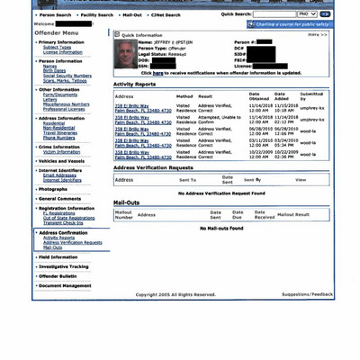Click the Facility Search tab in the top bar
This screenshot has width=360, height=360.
click(x=97, y=14)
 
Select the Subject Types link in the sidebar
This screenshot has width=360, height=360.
click(x=57, y=48)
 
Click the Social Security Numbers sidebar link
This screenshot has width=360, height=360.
click(x=67, y=76)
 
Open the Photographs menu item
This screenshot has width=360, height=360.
click(x=53, y=189)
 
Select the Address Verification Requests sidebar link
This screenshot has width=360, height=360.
click(x=72, y=242)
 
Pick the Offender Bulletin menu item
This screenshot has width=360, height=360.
click(x=58, y=275)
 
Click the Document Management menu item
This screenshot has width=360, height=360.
click(x=65, y=285)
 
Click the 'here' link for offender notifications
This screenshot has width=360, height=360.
click(x=158, y=72)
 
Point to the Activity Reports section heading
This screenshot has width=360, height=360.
click(x=135, y=84)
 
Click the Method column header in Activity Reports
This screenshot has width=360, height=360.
click(x=184, y=95)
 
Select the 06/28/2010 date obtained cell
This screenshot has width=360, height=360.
click(x=260, y=130)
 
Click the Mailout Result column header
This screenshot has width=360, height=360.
click(x=292, y=214)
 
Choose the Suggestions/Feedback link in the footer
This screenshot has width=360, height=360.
click(x=306, y=293)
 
